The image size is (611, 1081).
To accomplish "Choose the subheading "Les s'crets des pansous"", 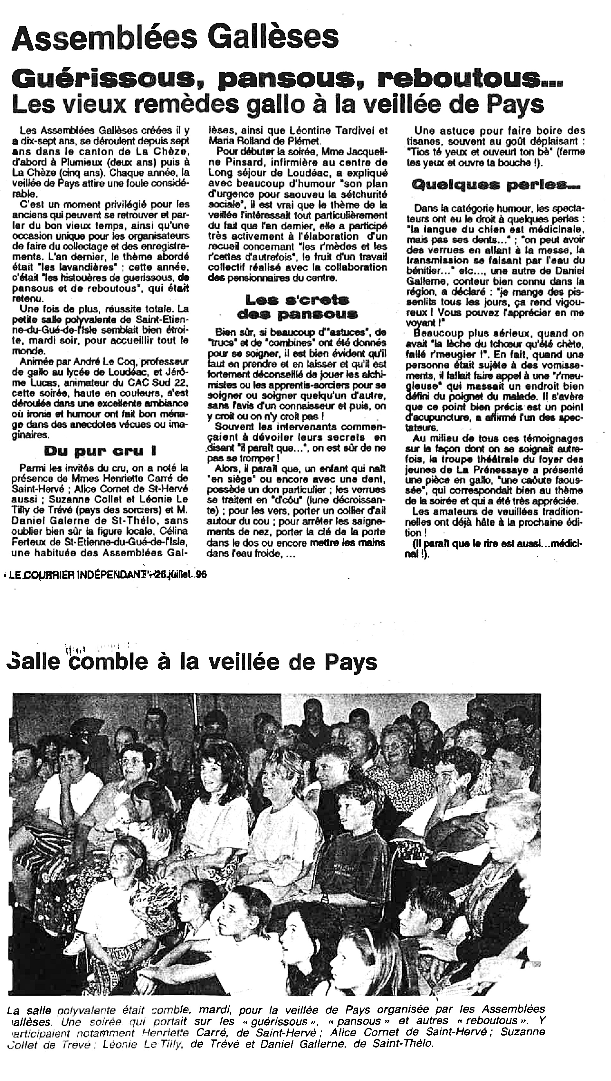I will coord(297,306).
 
